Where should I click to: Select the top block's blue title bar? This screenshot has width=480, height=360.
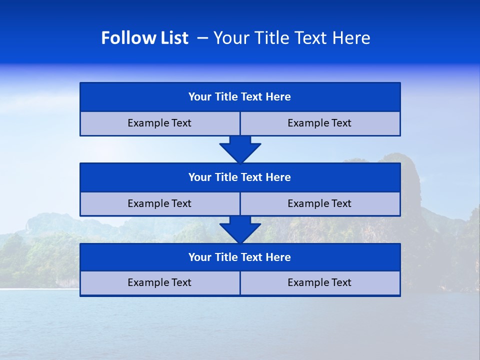(x=240, y=97)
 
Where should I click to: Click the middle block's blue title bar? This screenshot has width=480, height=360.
(x=240, y=177)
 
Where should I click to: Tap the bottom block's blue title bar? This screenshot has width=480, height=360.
(x=240, y=257)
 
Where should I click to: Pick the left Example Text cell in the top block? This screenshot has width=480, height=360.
(x=159, y=123)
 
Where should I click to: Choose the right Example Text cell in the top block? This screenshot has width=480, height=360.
(x=320, y=123)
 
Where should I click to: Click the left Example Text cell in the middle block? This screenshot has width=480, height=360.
(x=159, y=204)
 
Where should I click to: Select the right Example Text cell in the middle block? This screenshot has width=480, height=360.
(x=320, y=204)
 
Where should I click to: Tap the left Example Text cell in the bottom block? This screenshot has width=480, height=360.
(x=159, y=283)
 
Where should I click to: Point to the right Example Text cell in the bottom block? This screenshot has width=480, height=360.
(x=320, y=283)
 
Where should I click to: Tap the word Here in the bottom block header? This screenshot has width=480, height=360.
(x=278, y=257)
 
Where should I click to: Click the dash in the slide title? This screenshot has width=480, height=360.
(x=203, y=38)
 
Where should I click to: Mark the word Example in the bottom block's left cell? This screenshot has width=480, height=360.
(x=147, y=283)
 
